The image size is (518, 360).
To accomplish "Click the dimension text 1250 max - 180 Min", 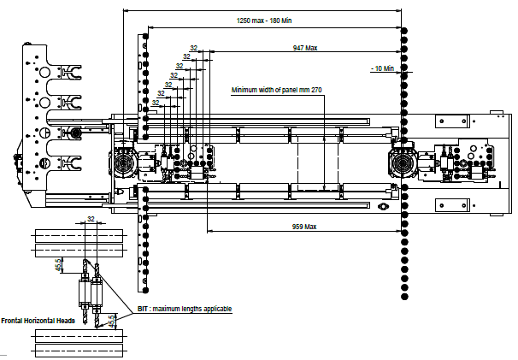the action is (x=264, y=21).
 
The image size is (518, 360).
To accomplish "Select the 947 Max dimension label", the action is (x=305, y=48).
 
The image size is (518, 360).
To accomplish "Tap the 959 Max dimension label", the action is (x=304, y=227).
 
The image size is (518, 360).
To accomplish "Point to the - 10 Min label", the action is (x=383, y=68).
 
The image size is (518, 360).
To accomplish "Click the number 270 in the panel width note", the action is (x=316, y=90).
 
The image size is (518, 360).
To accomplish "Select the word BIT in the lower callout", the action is (x=143, y=309).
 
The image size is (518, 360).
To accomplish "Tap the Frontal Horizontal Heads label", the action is (x=38, y=321).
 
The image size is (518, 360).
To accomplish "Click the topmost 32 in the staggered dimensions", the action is (x=193, y=48).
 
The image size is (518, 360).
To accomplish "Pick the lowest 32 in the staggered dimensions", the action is (x=156, y=103).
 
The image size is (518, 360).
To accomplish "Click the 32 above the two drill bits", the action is (x=91, y=219).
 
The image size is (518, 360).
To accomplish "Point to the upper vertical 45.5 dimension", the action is (x=58, y=265).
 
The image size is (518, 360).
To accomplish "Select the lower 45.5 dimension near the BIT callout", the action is (x=112, y=321).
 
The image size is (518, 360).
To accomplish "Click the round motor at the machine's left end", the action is (x=123, y=162).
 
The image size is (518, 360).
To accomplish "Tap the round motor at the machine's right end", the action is (x=402, y=162).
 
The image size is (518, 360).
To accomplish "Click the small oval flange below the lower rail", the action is (x=383, y=207).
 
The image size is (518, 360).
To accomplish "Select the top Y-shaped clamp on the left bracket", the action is (x=71, y=72).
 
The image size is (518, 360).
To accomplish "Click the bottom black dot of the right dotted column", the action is (x=404, y=297).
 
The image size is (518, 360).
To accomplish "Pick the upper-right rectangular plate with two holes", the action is (x=452, y=121).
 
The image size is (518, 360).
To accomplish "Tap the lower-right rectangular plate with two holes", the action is (x=452, y=205).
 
